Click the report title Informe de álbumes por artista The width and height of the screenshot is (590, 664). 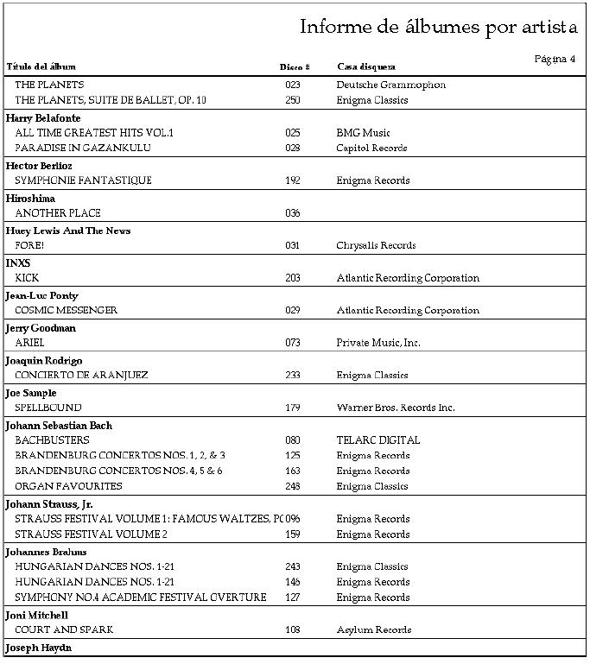click(x=438, y=27)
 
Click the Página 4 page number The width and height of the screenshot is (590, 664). click(x=555, y=59)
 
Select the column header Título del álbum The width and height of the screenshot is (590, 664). click(x=41, y=66)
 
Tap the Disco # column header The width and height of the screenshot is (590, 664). click(x=295, y=66)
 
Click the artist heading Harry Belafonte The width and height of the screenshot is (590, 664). click(x=43, y=117)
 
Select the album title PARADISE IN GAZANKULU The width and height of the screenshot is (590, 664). click(x=83, y=148)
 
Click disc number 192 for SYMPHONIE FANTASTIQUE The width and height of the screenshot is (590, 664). click(x=292, y=180)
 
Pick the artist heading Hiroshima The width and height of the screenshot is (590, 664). click(x=30, y=199)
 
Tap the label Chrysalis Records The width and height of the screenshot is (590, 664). click(x=376, y=245)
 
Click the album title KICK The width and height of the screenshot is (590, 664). click(x=27, y=278)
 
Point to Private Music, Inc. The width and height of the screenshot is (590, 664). click(x=378, y=343)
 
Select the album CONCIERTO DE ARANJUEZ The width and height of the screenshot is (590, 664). click(x=81, y=375)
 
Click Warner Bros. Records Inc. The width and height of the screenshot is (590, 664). click(x=395, y=408)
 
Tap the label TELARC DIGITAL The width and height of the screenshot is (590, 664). click(x=377, y=440)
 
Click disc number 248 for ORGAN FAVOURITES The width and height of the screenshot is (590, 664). click(x=292, y=486)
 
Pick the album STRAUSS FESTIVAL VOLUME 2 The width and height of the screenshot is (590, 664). click(x=91, y=534)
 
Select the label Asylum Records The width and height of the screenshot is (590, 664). click(x=373, y=630)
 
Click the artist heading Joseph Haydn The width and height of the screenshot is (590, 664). click(x=39, y=647)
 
